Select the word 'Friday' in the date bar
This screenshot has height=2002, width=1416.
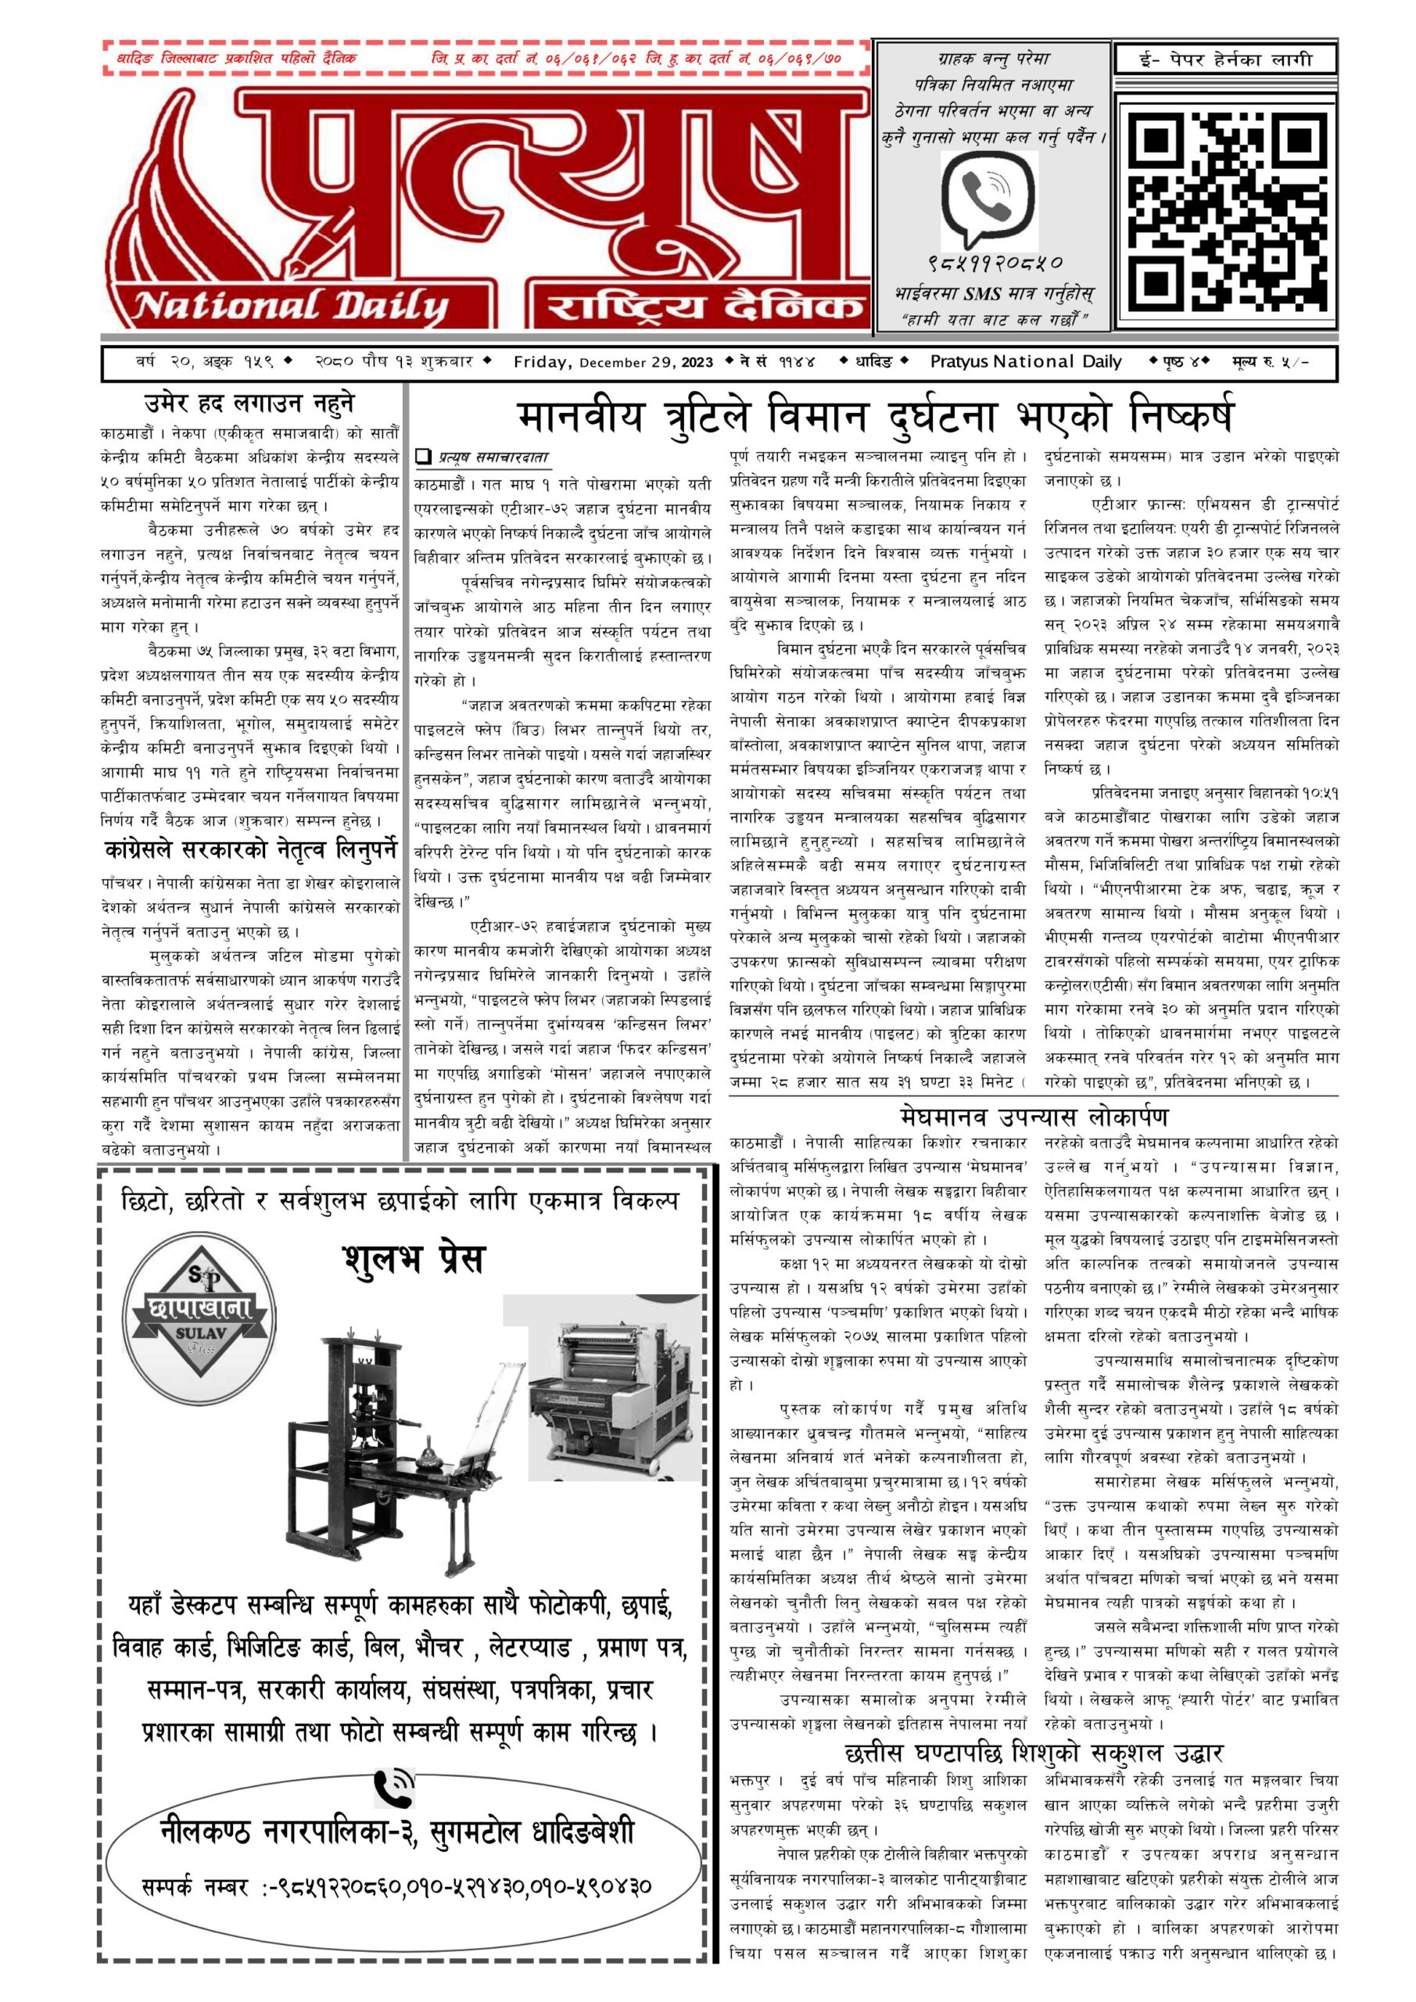point(540,362)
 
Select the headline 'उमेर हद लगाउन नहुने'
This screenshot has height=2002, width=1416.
point(249,404)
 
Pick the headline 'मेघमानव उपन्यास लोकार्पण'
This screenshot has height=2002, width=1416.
point(1033,1116)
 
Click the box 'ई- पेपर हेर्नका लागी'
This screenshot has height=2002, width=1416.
point(1225,60)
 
